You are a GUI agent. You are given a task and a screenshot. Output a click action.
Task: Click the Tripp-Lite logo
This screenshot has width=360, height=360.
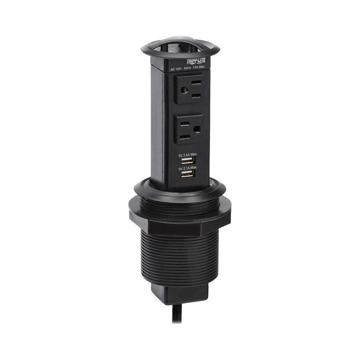[x=196, y=61]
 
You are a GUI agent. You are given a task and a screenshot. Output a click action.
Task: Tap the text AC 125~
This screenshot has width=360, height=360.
[x=176, y=69]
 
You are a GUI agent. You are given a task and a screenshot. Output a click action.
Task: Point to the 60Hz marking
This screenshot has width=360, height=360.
[x=188, y=68]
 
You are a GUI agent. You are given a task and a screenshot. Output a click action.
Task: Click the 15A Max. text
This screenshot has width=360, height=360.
[x=199, y=67]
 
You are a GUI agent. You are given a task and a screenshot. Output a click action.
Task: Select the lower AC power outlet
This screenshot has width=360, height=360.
[x=189, y=129]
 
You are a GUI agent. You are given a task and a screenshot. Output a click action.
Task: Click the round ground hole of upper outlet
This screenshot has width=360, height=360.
[x=184, y=90]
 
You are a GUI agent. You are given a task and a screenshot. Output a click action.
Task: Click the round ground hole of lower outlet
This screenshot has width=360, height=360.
[x=197, y=129]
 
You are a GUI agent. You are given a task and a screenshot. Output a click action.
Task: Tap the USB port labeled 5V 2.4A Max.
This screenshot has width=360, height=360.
[x=188, y=160]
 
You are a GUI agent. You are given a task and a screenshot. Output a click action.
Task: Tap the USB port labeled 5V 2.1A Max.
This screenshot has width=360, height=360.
[x=188, y=174]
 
